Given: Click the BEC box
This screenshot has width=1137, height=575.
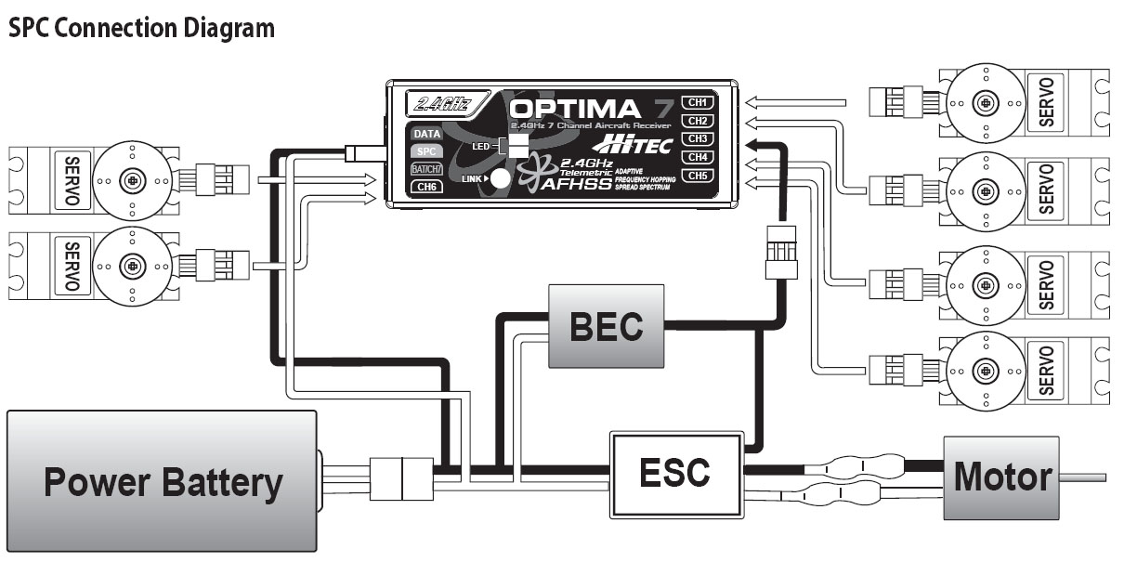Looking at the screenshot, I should point(607,326).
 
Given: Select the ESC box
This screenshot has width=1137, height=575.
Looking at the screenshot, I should point(675,474).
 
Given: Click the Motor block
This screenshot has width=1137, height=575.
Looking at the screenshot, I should point(1001,477).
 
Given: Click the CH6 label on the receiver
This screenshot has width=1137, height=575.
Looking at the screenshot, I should point(427,186).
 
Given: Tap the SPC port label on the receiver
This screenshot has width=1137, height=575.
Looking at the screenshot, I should point(427,150).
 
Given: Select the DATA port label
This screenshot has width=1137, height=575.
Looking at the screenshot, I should point(427,134).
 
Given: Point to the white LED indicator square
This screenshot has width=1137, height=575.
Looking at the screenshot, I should point(517,146).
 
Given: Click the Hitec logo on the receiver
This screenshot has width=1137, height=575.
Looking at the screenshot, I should point(631,145).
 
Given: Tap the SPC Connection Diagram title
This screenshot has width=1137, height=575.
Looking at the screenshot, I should point(141,29).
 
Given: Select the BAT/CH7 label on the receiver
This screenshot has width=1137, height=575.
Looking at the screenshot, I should point(427,168).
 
